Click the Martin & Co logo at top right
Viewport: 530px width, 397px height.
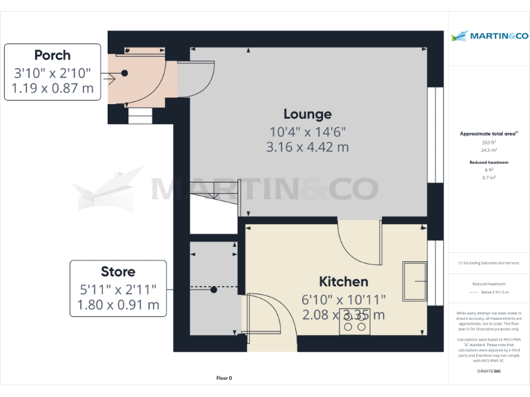489,36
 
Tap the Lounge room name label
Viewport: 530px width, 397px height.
307,114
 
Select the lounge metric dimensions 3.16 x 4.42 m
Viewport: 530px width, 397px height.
307,147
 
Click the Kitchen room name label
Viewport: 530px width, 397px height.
343,281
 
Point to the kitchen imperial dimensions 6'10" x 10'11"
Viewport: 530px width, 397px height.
343,298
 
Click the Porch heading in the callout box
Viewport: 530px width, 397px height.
52,55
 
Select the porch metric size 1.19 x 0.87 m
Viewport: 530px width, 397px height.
52,88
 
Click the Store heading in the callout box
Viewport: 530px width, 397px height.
118,272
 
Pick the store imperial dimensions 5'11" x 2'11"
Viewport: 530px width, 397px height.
118,289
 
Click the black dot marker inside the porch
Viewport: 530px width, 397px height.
125,73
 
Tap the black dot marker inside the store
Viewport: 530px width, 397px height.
215,289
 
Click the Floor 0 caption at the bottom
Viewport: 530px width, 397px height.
224,378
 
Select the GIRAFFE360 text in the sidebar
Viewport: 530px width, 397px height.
489,371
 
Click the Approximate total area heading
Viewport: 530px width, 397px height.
489,133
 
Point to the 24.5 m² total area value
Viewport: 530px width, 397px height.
489,150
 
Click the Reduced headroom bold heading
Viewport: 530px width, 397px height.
489,162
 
